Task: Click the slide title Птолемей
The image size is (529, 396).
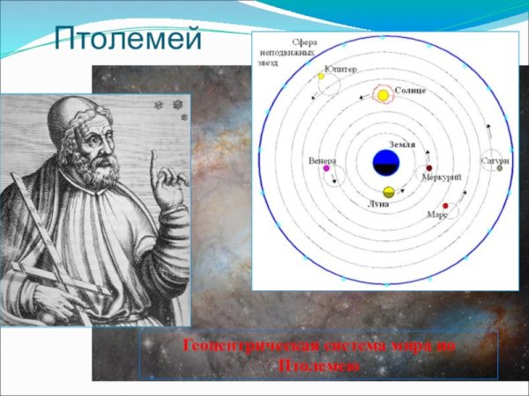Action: [x=128, y=39]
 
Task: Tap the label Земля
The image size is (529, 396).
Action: [x=401, y=143]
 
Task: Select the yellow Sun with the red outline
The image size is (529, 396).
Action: [x=384, y=94]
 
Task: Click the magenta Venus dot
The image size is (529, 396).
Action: [x=326, y=169]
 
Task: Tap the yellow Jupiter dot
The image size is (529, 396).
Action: [x=321, y=77]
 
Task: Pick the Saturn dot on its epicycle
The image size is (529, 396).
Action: [x=499, y=168]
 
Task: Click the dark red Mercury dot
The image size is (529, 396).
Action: [x=429, y=167]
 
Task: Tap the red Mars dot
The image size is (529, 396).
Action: [x=445, y=206]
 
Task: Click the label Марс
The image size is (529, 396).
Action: [x=437, y=214]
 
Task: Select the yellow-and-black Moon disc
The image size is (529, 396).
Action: [x=388, y=192]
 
